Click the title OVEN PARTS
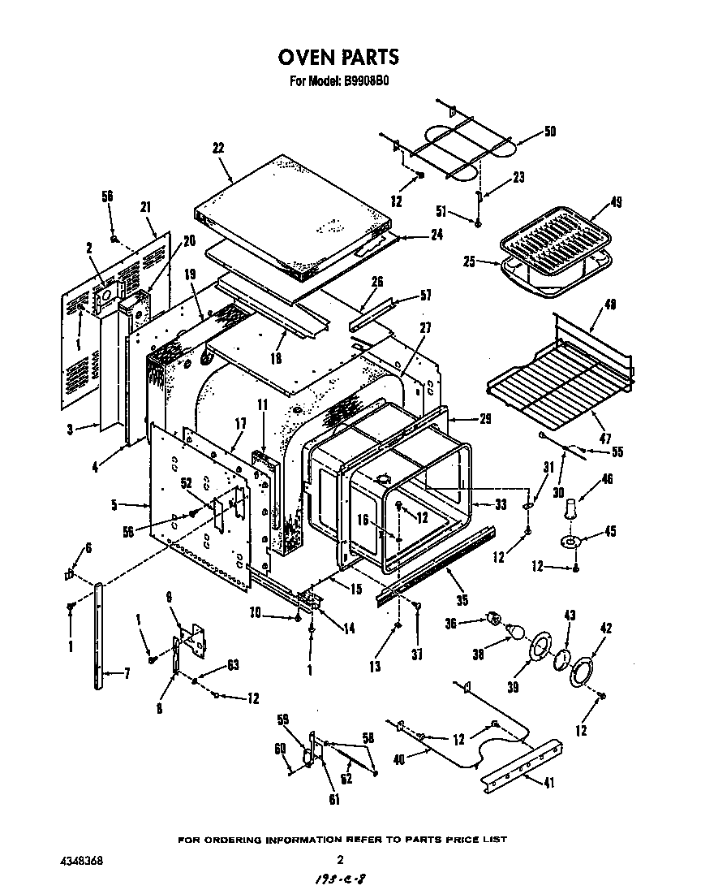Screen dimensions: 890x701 coord(338,57)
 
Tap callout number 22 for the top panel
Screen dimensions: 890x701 coord(218,148)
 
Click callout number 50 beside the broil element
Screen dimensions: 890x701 coord(549,132)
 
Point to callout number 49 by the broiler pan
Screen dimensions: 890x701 coord(617,203)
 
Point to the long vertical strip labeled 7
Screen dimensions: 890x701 coord(99,633)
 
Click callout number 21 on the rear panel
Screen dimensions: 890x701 coord(146,206)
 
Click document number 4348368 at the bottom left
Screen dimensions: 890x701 coord(81,859)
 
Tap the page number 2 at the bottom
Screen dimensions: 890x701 coord(341,859)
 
